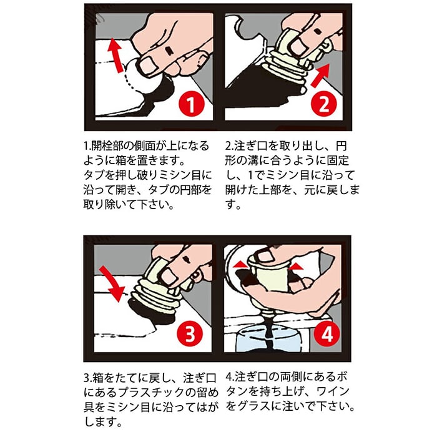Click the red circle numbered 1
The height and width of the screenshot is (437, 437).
point(191,104)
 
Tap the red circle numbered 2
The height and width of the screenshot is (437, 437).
point(324,104)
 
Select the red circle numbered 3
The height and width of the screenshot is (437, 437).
point(190,333)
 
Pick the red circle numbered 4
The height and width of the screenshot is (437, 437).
point(327,333)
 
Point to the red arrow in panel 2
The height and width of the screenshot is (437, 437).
point(320,76)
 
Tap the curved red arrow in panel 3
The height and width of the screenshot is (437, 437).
point(112,283)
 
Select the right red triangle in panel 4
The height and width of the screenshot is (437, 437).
point(296,267)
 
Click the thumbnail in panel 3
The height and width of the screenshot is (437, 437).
point(169,276)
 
